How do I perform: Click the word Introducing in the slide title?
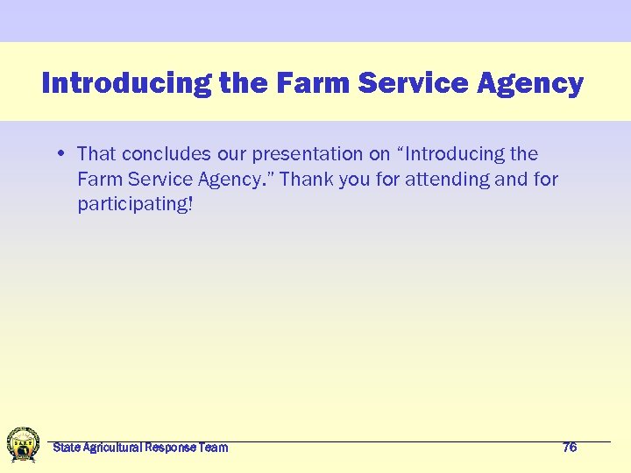(125, 83)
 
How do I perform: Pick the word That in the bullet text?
(96, 154)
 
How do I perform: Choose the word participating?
(133, 205)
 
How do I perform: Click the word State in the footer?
(65, 448)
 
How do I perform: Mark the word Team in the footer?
(214, 448)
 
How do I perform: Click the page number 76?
(570, 448)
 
